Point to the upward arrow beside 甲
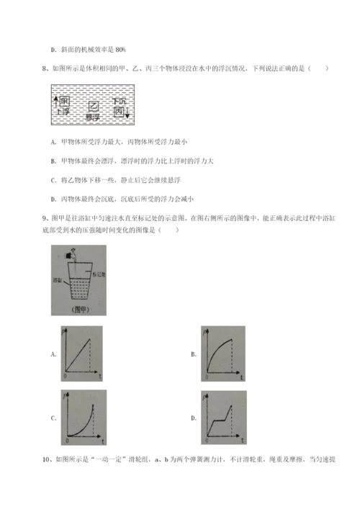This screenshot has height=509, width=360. (x=55, y=101)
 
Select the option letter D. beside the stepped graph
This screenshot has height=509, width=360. (x=194, y=418)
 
